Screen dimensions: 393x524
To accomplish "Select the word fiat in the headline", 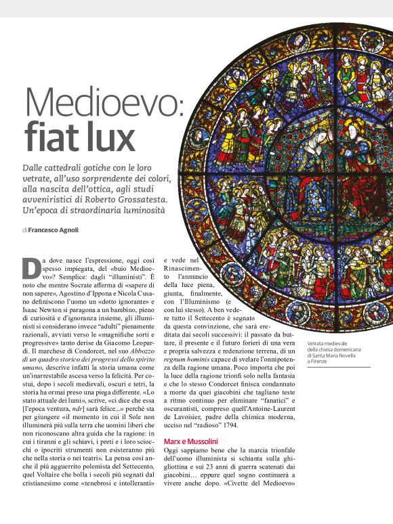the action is pos(51,137).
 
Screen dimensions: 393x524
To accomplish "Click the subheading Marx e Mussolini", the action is pos(190,441).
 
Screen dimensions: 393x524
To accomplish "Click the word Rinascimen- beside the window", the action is pos(182,269).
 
